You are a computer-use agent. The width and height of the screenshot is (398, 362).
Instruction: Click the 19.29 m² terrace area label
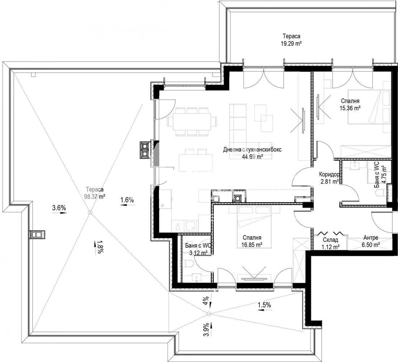(291, 40)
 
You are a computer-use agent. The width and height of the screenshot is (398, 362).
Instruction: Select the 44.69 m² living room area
(252, 153)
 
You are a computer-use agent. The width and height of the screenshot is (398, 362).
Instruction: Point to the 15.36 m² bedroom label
(350, 104)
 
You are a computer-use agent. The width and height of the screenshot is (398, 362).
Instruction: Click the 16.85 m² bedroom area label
(252, 241)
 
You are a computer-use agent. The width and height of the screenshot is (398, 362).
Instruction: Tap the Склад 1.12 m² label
(330, 243)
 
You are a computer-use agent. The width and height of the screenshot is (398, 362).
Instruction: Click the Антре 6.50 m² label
(371, 241)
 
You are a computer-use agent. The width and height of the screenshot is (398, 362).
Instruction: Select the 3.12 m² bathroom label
(198, 249)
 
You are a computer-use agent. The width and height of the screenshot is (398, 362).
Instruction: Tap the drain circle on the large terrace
(90, 212)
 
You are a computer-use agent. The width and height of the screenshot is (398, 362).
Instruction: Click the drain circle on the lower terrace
(209, 314)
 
